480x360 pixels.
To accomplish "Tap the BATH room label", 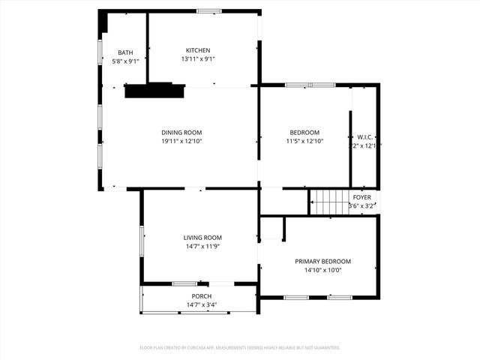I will coord(125,52).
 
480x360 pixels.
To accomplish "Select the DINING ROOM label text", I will coord(181,132).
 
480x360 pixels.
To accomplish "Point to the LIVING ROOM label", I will coord(202,238).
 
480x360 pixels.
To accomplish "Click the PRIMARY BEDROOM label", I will coord(322,261).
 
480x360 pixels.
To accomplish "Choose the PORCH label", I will coord(201,296).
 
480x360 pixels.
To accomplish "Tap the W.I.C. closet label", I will coord(364,137).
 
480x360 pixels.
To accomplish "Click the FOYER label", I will coord(361,196).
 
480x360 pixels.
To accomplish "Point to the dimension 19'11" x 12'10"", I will coord(181,140).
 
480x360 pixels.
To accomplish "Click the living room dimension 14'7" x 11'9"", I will coord(202,246).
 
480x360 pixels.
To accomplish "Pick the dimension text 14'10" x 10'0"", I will coord(322,270).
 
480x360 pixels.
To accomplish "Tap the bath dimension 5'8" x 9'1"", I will coord(125,61).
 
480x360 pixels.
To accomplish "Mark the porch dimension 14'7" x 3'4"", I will coord(201,304).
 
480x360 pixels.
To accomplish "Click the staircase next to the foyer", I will coord(328,201).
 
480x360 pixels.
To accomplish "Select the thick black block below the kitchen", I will coord(154,91).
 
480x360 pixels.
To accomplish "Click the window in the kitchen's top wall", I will coord(209,11).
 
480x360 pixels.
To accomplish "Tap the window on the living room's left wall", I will coord(142,239).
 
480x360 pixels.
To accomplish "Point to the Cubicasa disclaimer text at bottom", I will coord(240,348).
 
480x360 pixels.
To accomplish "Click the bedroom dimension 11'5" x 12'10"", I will coord(305,140).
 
